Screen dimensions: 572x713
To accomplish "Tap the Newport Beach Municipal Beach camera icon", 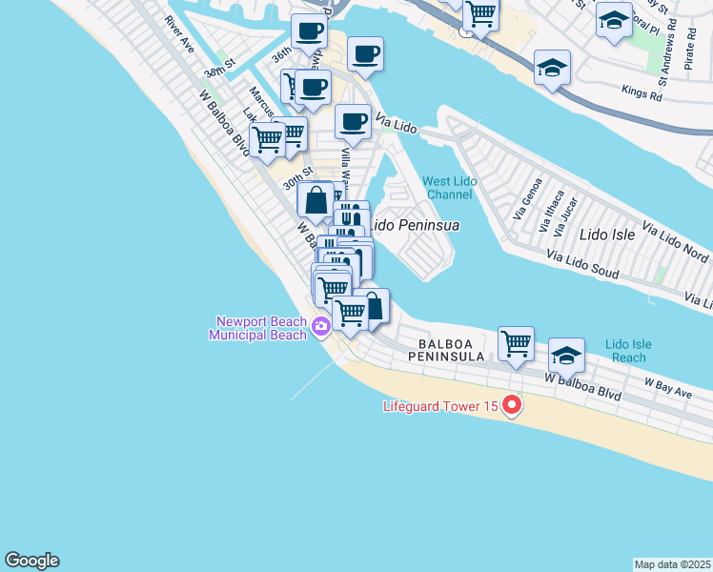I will (x=321, y=327).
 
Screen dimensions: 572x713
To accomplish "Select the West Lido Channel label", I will (x=448, y=188).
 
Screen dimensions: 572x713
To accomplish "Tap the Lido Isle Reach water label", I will (x=625, y=351).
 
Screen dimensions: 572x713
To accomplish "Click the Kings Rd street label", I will (x=641, y=93).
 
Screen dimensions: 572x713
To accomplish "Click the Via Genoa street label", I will (x=527, y=198).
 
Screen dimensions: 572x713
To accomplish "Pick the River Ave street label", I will (x=178, y=33).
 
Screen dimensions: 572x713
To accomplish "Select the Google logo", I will (x=31, y=561).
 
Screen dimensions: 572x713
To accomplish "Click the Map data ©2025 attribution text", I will (x=672, y=564).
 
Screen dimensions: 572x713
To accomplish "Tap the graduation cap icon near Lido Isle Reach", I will (x=566, y=357).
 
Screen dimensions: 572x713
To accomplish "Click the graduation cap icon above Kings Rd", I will (x=552, y=68).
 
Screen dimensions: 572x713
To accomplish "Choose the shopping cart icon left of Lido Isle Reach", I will (x=516, y=341).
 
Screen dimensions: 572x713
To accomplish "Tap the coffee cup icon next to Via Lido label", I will (x=353, y=121).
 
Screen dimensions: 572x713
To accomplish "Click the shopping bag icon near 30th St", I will (x=316, y=200).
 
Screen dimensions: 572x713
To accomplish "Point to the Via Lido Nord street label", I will (x=675, y=244).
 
